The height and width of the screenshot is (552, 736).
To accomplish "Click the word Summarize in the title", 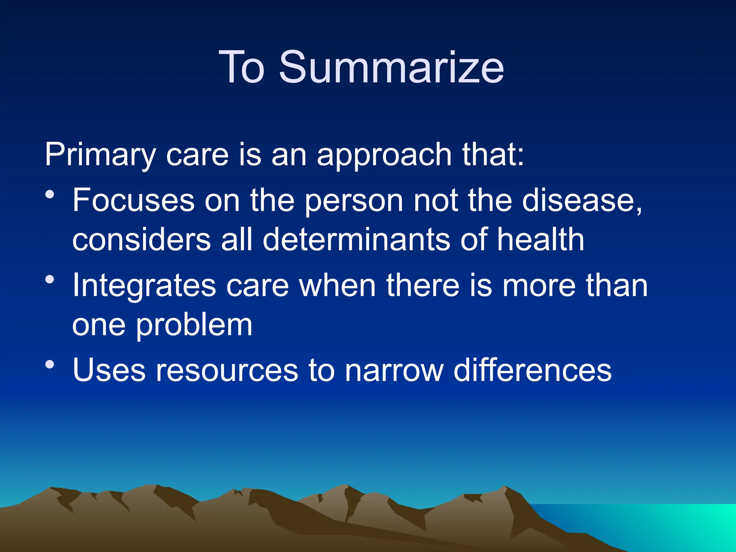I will (x=391, y=67).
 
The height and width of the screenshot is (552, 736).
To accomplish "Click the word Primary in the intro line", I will (x=100, y=155).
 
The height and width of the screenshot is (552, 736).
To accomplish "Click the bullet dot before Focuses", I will (x=50, y=195).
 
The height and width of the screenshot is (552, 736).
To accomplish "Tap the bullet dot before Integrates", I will (x=50, y=280).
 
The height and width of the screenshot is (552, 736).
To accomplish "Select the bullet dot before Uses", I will (x=50, y=364).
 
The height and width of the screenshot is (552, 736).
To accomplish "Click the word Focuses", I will (x=133, y=200).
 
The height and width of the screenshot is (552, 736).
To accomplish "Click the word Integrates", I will (x=144, y=286).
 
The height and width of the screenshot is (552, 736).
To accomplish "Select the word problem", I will (x=194, y=325).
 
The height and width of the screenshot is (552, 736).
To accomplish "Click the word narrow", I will (x=394, y=371).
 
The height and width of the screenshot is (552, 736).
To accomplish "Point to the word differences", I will (x=532, y=371).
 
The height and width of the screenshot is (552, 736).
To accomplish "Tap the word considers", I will (x=141, y=240).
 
